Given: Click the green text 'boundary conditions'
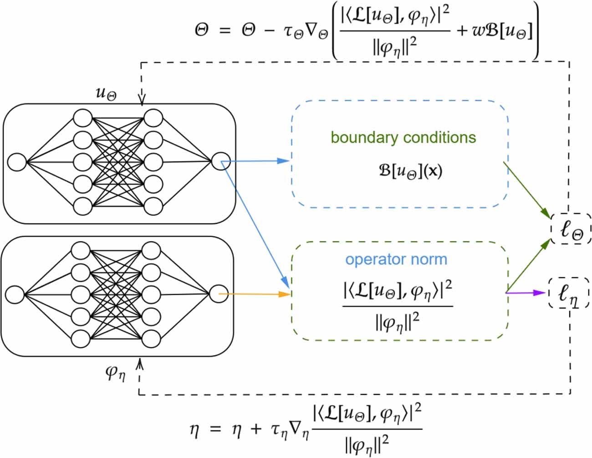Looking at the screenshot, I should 403,137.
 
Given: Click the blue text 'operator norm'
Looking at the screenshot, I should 396,259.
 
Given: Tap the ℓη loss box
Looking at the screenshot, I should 569,293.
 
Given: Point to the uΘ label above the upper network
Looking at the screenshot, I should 106,93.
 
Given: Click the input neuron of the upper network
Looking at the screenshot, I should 17,162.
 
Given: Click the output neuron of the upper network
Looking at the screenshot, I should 221,161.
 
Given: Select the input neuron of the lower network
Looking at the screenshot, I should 15,294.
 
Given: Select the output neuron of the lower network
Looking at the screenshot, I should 219,294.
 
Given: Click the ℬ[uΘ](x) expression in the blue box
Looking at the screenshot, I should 410,171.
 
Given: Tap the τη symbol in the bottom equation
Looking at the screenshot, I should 278,429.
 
